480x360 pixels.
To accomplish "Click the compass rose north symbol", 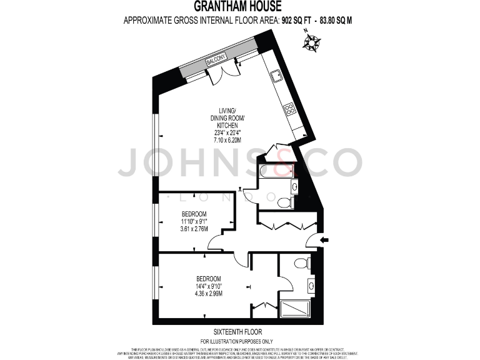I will pos(311,42).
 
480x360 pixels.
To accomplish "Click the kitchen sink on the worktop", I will pos(276,77).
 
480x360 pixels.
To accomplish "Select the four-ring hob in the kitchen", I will pos(290,109).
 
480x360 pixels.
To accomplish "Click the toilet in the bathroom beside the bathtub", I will pos(285,202).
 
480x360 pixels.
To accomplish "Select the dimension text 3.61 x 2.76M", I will pos(194,229).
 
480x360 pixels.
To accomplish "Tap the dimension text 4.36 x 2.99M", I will pos(209,294).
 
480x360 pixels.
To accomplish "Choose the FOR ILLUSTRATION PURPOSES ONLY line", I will pos(237,341).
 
